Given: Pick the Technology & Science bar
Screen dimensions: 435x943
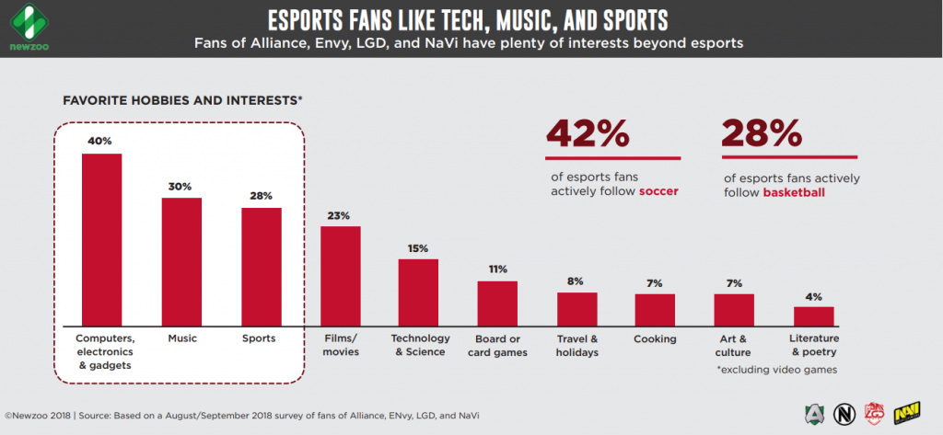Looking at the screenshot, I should click(418, 292).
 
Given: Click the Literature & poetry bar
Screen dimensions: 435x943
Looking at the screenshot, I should click(813, 315).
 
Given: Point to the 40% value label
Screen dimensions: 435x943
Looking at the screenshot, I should click(101, 142).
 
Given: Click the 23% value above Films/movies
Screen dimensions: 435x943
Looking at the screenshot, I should click(340, 215).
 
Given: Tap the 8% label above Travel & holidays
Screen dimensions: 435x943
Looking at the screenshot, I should click(576, 281).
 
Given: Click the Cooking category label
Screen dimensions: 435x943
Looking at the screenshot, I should click(655, 339).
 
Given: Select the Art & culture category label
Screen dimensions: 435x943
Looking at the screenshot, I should click(734, 345).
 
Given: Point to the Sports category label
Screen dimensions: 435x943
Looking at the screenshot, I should click(261, 339).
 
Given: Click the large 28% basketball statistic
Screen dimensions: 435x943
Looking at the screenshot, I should click(762, 134).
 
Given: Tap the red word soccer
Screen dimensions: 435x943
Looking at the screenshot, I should click(658, 191).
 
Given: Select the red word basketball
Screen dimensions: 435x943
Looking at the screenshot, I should click(794, 193).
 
